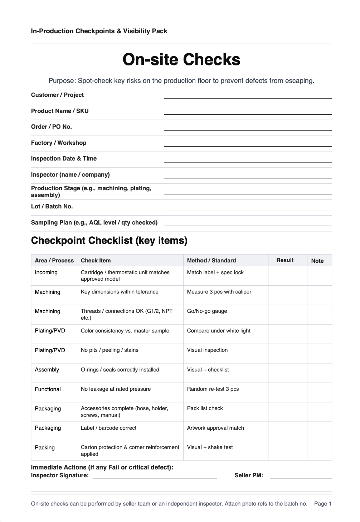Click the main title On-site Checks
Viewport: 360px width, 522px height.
[x=181, y=59]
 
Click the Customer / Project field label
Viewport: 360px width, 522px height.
[x=57, y=95]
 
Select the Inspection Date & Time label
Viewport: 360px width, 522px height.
[x=64, y=158]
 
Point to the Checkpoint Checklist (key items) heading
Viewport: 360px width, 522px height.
[x=109, y=240]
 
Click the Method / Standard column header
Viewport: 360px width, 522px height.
[x=211, y=260]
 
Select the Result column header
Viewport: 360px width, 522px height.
[x=285, y=260]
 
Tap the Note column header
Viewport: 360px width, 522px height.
[x=317, y=261]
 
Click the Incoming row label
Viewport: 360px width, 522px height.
[x=46, y=272]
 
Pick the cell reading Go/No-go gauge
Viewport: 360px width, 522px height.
[x=207, y=311]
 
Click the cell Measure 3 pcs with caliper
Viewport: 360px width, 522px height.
[x=219, y=292]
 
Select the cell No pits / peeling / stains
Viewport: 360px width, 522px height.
[x=110, y=350]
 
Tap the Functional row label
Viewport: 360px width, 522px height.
[x=48, y=389]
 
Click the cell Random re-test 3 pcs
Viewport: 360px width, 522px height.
[x=213, y=389]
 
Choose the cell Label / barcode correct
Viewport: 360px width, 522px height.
[x=108, y=428]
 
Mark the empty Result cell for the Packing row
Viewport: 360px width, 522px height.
[x=287, y=450]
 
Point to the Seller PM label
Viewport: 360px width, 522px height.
[x=249, y=475]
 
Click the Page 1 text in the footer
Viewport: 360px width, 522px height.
[x=323, y=504]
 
